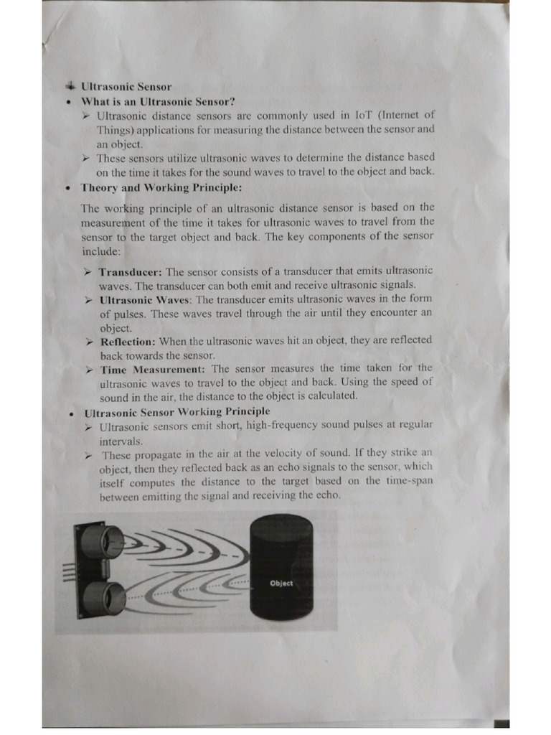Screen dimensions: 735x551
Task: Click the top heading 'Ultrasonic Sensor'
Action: [x=126, y=87]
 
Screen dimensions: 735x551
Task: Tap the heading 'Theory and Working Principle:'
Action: [x=161, y=188]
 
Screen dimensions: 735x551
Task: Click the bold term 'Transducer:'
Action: [x=131, y=272]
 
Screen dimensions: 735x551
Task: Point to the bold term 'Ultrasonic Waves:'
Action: [x=146, y=300]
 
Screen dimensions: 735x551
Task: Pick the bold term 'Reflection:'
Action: [x=127, y=342]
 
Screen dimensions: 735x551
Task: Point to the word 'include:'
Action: [x=103, y=252]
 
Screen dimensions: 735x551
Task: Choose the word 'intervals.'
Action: [x=121, y=441]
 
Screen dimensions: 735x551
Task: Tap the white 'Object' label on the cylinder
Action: [x=281, y=583]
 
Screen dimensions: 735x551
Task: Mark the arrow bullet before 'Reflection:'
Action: [x=90, y=342]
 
